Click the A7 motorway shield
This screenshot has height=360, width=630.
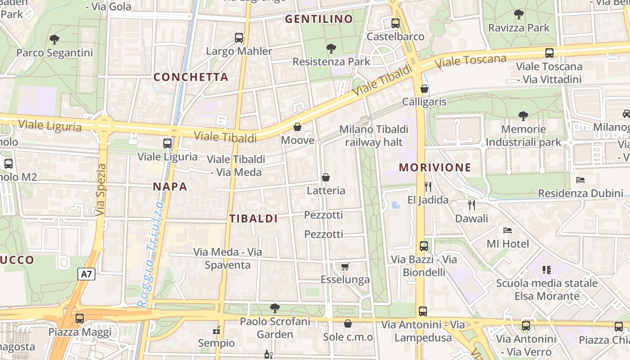86,274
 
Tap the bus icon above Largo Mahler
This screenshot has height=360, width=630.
239,38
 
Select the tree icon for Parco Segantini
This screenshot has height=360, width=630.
54,40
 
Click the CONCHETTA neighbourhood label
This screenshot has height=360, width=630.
191,77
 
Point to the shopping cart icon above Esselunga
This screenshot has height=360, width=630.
345,267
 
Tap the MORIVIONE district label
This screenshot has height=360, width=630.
435,167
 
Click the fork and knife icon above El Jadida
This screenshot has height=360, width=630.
428,186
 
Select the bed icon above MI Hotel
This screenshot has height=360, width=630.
508,230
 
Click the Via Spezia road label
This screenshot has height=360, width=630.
101,189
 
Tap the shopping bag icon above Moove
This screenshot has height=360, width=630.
297,127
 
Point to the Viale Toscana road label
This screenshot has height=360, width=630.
471,61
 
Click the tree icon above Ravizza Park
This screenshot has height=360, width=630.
519,14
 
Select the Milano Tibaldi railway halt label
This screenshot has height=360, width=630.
374,136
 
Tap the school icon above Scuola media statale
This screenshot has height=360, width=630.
547,270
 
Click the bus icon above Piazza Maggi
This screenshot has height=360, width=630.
80,318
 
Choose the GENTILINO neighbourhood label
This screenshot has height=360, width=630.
319,19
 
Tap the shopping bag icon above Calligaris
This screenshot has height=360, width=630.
424,89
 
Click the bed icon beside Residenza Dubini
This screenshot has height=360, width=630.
580,180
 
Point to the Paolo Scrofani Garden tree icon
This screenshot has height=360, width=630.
274,308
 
